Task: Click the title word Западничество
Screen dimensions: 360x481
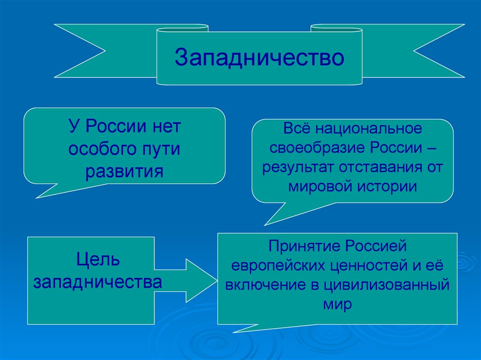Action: click(259, 57)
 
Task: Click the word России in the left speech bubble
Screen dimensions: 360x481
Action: click(117, 128)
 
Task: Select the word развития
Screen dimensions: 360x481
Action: click(124, 171)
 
